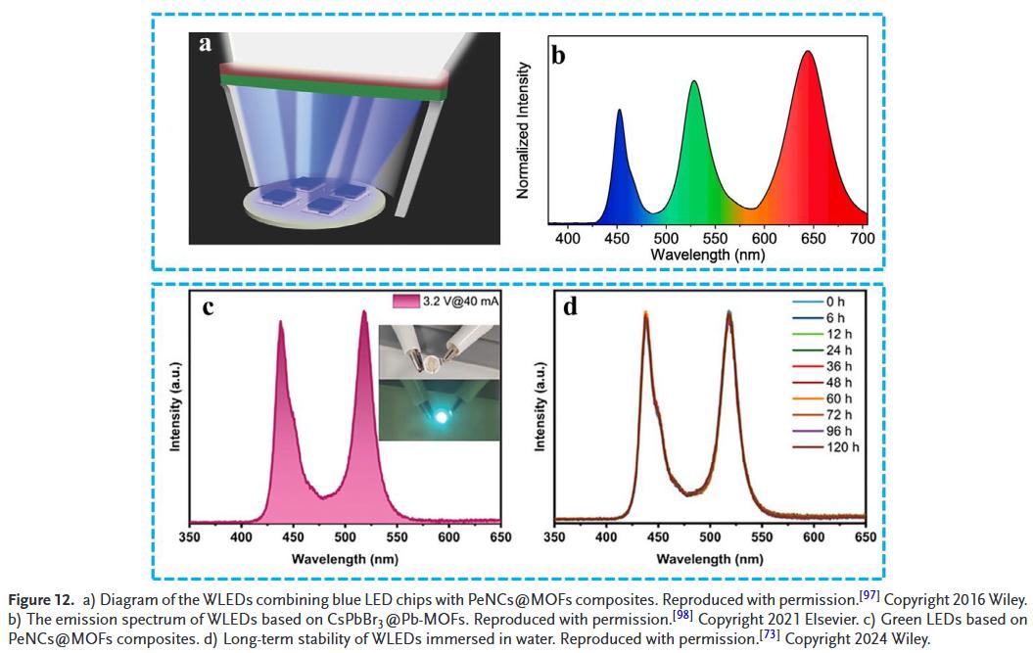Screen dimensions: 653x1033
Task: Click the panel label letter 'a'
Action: coord(205,44)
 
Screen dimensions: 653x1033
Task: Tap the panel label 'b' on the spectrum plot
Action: coord(558,55)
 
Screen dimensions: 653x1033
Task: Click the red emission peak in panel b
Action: coord(808,53)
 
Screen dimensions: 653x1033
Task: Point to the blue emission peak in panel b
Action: coord(619,112)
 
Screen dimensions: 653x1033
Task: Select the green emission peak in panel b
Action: coord(694,83)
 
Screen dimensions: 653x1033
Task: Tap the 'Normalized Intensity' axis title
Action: coord(524,130)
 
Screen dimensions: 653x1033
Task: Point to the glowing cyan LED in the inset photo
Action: coord(441,416)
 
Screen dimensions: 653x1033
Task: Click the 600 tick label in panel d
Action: coord(814,537)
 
